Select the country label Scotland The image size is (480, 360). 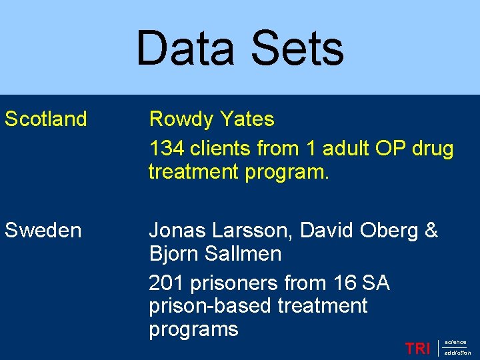pyautogui.click(x=46, y=119)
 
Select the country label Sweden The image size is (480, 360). pyautogui.click(x=43, y=231)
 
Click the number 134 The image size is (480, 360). pyautogui.click(x=166, y=148)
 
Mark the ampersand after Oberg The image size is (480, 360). pyautogui.click(x=431, y=231)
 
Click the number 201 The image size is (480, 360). pyautogui.click(x=167, y=283)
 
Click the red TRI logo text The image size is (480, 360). pyautogui.click(x=417, y=348)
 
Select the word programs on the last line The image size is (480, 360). pyautogui.click(x=193, y=329)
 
